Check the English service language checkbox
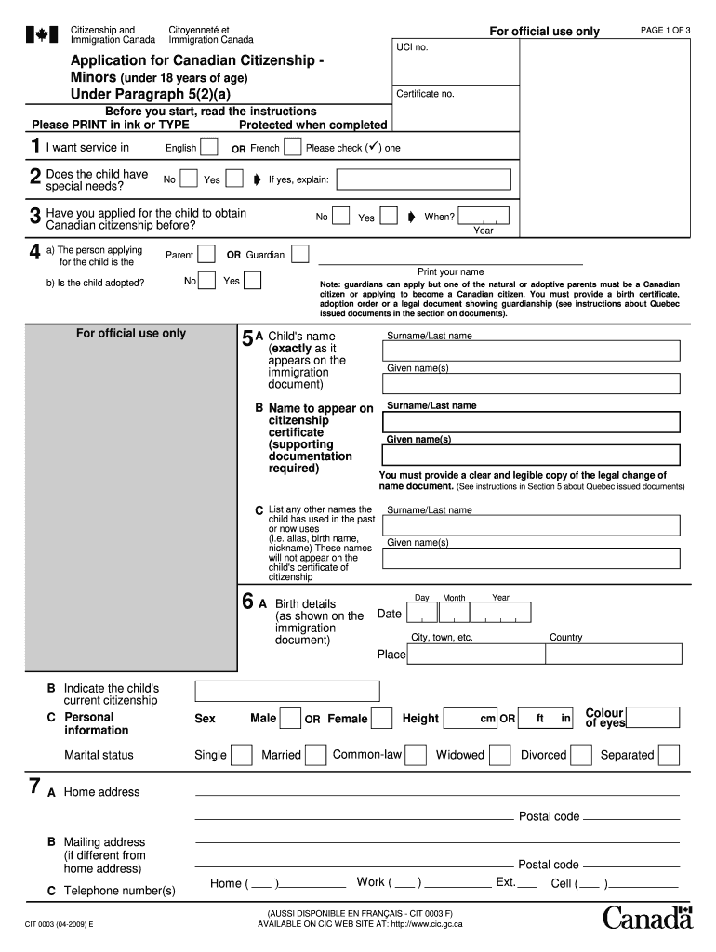209,147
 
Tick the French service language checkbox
292,147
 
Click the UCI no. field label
412,46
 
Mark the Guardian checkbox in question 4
300,254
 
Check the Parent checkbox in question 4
206,254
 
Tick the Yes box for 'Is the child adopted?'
252,280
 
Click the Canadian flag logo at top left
41,35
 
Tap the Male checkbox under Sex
290,718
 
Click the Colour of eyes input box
654,717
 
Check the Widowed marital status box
498,754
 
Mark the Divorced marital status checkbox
581,754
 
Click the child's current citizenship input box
286,691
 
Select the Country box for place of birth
612,654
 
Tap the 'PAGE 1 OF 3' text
665,30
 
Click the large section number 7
34,787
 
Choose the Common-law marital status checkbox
417,754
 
